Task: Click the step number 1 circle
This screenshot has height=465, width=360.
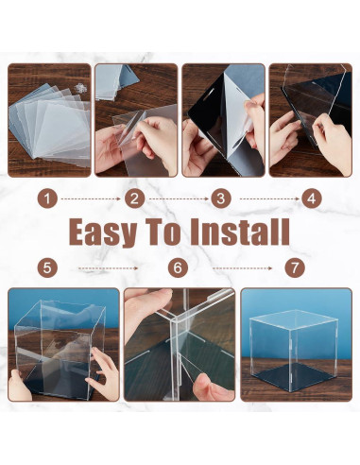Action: (x=47, y=199)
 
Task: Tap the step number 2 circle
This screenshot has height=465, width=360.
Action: (x=134, y=199)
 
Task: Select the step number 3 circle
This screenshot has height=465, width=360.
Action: (x=221, y=199)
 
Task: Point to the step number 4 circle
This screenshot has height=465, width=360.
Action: (x=312, y=199)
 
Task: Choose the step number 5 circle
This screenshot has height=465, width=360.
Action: (x=47, y=268)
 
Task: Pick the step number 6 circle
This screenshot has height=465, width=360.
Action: (x=178, y=268)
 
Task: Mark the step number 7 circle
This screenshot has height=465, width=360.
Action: (x=295, y=268)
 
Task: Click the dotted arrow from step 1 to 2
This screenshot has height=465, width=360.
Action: (x=91, y=199)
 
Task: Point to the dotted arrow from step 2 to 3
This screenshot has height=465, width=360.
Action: (x=179, y=199)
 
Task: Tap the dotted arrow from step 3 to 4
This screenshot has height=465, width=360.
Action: (x=269, y=199)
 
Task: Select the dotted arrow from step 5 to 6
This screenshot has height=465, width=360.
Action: (x=108, y=268)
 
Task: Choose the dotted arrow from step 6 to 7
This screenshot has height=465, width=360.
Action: (x=242, y=268)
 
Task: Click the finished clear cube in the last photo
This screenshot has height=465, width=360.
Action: (x=294, y=350)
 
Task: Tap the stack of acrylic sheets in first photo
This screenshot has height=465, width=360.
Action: (x=49, y=121)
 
